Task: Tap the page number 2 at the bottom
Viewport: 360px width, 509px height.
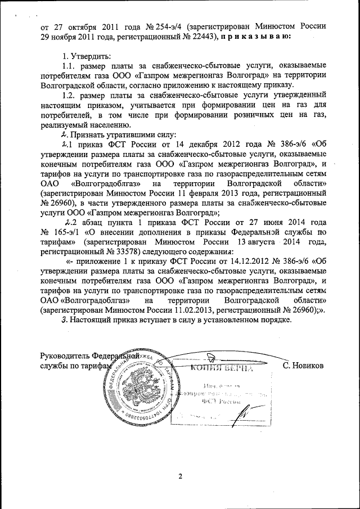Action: (181, 478)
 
